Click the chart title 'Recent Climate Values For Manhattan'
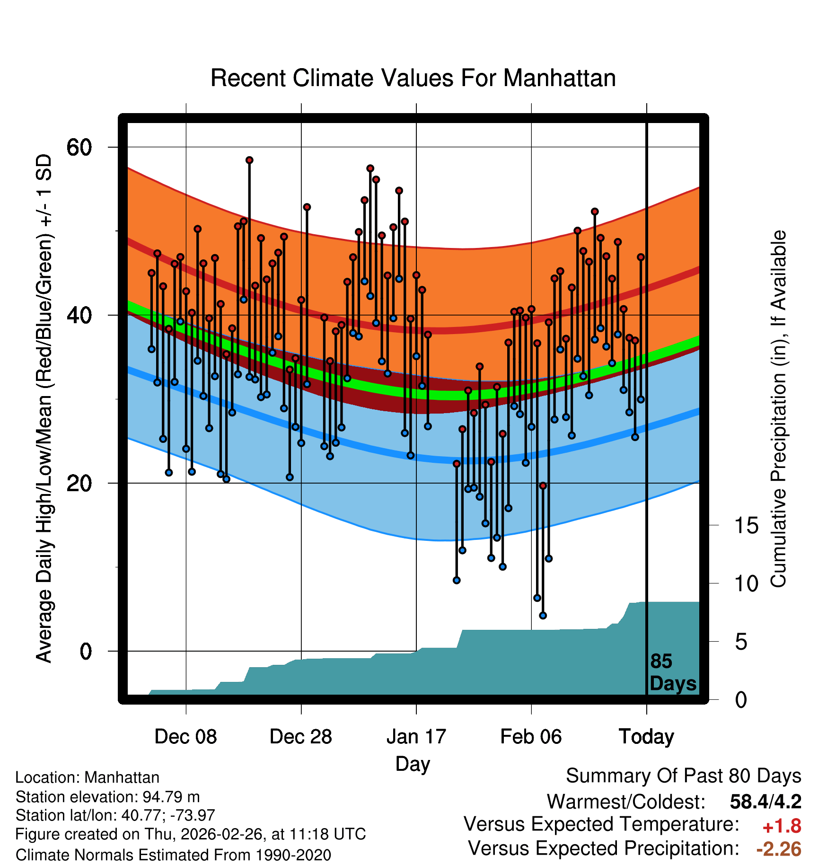tap(413, 79)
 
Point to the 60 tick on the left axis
tap(79, 147)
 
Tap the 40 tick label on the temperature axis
tap(79, 315)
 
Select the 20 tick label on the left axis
tap(79, 483)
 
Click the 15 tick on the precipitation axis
tap(746, 526)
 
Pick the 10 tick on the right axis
tap(746, 584)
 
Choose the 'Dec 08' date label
tap(185, 737)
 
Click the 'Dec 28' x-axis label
tap(301, 737)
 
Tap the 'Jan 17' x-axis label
tap(416, 737)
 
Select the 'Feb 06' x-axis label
tap(531, 737)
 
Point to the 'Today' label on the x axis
tap(646, 737)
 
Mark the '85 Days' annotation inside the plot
tap(672, 672)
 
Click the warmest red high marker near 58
tap(249, 160)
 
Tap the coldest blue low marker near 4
tap(543, 616)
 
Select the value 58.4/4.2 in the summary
tap(765, 802)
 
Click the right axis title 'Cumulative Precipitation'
tap(778, 409)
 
